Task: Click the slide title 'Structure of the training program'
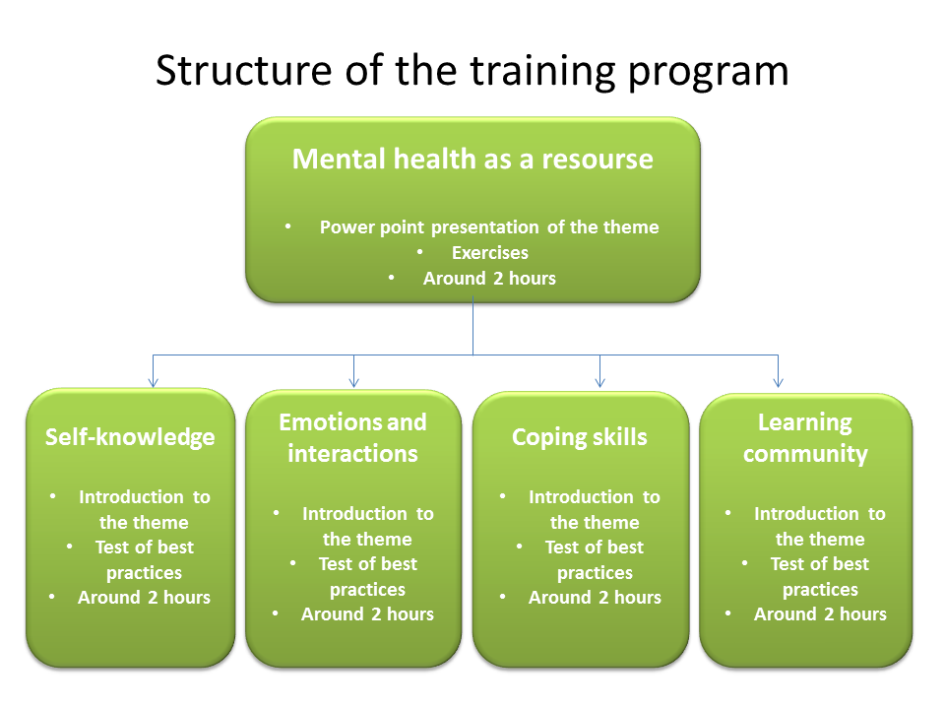click(472, 71)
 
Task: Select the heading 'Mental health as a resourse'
click(472, 159)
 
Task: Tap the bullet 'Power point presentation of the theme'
click(488, 227)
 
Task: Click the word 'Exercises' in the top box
click(489, 253)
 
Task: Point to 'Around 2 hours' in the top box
click(489, 279)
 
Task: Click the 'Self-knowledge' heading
click(130, 437)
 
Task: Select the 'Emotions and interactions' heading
click(352, 438)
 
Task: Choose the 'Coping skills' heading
click(580, 437)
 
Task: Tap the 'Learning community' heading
click(805, 438)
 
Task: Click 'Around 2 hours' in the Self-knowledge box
click(144, 598)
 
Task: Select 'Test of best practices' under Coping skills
click(595, 560)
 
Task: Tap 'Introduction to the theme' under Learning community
click(819, 527)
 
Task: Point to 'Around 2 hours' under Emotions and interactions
click(367, 614)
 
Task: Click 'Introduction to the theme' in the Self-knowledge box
click(144, 510)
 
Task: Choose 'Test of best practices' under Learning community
click(819, 577)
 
